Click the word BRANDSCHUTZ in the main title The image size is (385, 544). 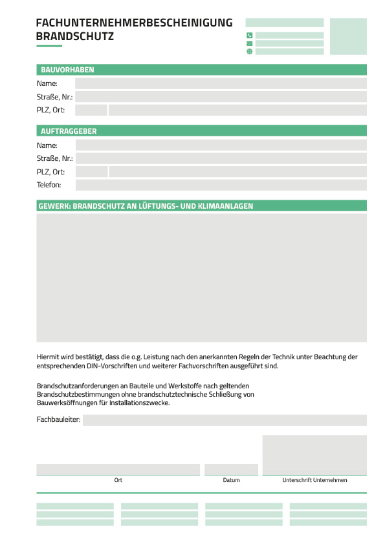tap(75, 37)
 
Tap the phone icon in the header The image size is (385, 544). tap(250, 36)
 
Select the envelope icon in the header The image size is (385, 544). tap(250, 43)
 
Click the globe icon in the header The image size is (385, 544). tap(250, 51)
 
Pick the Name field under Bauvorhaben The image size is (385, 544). tap(221, 83)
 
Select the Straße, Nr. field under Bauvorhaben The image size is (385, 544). tap(221, 97)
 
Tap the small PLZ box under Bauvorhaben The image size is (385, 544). tap(91, 110)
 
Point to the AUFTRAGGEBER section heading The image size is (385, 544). tap(69, 131)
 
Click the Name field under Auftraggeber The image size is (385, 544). tap(221, 145)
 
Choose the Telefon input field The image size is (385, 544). tap(221, 185)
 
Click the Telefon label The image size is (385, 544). tap(49, 185)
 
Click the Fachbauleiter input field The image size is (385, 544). tap(225, 420)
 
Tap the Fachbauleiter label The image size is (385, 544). tap(59, 420)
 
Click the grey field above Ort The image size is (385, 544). tap(118, 469)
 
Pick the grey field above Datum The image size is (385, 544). tap(231, 469)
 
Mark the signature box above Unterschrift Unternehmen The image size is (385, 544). tap(314, 455)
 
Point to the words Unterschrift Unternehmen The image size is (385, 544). tap(314, 480)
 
